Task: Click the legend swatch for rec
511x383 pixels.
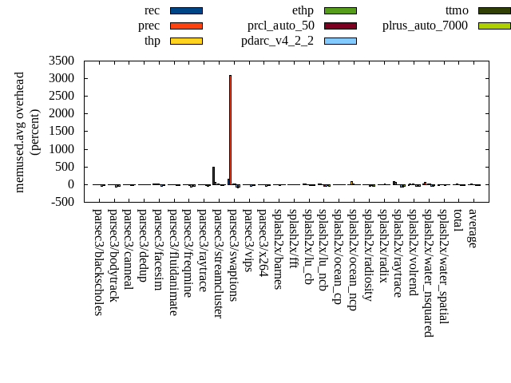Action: pyautogui.click(x=186, y=10)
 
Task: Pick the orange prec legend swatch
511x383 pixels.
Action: pyautogui.click(x=186, y=26)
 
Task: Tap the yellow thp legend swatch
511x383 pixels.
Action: pyautogui.click(x=186, y=41)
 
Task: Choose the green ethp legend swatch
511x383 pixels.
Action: pyautogui.click(x=340, y=10)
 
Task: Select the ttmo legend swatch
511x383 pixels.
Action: pyautogui.click(x=494, y=10)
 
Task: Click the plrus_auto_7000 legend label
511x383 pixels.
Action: pyautogui.click(x=425, y=26)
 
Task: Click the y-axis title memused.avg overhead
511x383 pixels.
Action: pyautogui.click(x=20, y=132)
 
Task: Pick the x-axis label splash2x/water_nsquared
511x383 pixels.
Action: pyautogui.click(x=429, y=272)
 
